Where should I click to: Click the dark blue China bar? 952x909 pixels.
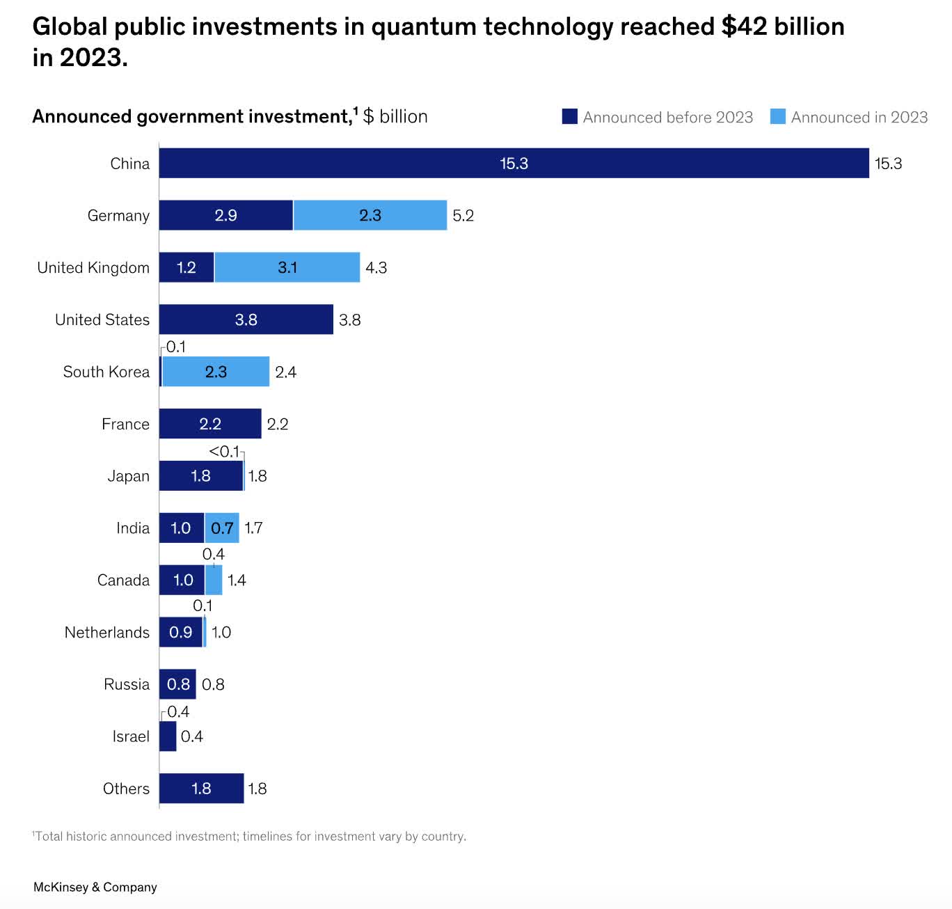pos(514,163)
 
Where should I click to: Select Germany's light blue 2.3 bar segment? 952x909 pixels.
pos(370,215)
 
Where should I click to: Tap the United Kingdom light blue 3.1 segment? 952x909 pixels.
pos(287,267)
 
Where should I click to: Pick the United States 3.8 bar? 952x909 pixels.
pos(246,319)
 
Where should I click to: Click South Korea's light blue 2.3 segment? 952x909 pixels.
pos(216,372)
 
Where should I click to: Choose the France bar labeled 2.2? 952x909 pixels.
pos(210,424)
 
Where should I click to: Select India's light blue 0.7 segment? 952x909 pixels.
pos(222,528)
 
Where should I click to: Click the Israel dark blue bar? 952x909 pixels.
pos(168,736)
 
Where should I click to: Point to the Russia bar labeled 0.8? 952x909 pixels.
pos(177,684)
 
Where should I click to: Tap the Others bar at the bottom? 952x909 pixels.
pos(201,789)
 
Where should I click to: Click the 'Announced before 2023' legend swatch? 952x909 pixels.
pos(570,116)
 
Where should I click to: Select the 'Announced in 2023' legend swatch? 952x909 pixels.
pos(778,116)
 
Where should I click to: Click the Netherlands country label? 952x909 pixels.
pos(107,632)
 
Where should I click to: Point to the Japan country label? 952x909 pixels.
pos(128,476)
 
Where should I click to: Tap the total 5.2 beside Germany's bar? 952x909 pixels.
pos(463,216)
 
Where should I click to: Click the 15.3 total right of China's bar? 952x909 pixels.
pos(888,164)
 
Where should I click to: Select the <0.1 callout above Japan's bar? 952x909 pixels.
pos(223,452)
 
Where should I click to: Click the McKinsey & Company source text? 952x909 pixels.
pos(95,887)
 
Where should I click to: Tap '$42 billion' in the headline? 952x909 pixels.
pos(783,26)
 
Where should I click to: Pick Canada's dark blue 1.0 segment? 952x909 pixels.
pos(182,580)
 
